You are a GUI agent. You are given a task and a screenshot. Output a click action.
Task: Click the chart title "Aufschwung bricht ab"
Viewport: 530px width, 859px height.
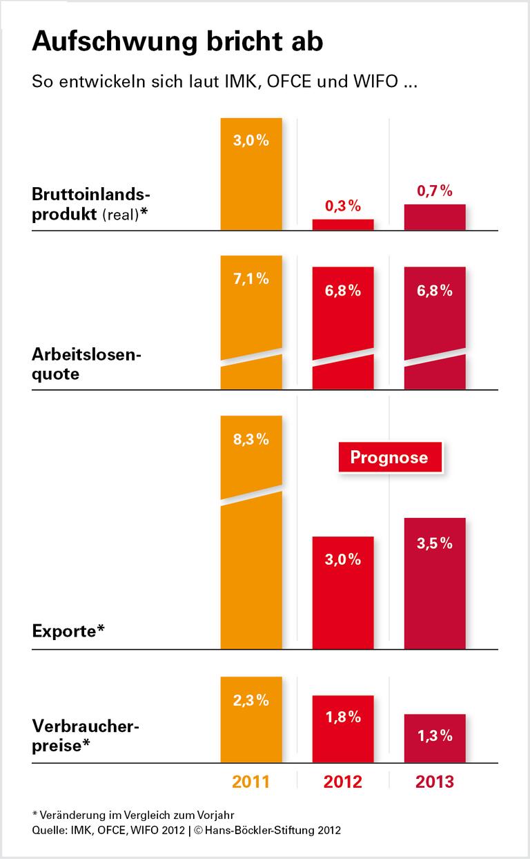click(177, 43)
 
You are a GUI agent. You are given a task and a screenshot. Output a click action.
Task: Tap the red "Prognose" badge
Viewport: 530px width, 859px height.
click(389, 457)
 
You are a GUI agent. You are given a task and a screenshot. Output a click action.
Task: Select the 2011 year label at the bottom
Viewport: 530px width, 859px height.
click(251, 782)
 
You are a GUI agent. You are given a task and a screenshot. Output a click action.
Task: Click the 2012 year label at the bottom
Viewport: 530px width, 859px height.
click(343, 782)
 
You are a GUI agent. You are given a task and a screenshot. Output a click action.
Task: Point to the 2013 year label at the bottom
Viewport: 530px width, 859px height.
click(435, 782)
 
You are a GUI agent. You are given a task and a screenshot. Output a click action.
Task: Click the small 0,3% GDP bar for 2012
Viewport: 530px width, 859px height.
click(343, 224)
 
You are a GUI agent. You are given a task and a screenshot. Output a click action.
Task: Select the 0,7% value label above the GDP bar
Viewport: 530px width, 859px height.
click(435, 191)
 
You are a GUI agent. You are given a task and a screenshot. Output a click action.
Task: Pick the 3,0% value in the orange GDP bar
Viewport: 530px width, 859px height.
click(251, 141)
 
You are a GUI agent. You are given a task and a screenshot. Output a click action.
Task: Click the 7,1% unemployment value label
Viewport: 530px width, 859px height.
click(251, 279)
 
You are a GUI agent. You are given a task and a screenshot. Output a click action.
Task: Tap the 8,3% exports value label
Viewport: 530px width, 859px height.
click(251, 439)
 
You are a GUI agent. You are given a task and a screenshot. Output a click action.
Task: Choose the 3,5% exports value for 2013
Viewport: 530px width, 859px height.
click(435, 543)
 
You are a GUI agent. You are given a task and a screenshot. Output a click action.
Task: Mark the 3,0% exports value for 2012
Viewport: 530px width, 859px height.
click(343, 559)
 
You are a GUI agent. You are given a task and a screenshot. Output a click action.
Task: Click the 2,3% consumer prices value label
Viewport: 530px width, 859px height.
click(251, 700)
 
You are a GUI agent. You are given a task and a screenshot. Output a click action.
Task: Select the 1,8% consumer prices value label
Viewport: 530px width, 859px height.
click(343, 717)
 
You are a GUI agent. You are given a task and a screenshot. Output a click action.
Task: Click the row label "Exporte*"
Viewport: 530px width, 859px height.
click(68, 630)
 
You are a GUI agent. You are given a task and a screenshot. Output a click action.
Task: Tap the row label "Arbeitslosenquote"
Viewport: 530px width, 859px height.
click(86, 365)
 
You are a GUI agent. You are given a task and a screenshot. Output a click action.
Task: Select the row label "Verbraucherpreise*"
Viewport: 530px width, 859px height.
click(86, 736)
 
